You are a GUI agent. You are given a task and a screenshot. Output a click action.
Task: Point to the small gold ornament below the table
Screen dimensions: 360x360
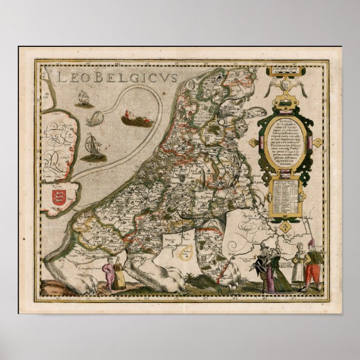coord(285,227)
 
